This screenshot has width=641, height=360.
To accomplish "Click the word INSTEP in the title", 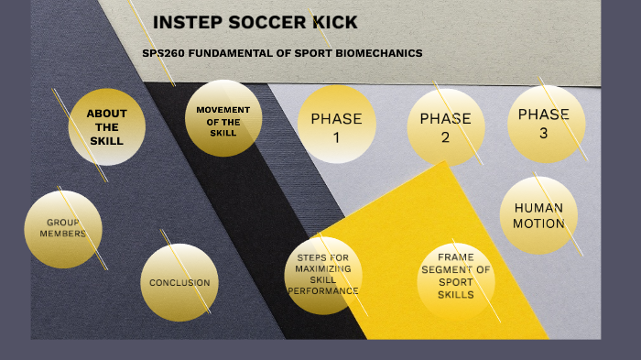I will tap(183, 23).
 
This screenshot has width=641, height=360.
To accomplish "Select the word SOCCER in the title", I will tap(259, 23).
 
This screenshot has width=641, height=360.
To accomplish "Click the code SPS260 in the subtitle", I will tap(161, 53).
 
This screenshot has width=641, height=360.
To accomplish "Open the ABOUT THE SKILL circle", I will tap(108, 126).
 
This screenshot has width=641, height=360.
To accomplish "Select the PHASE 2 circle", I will tap(445, 126).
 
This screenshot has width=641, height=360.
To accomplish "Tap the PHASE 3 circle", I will tap(545, 123).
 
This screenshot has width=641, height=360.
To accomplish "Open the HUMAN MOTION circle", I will tap(538, 214).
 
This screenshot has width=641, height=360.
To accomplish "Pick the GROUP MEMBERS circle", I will tap(63, 229).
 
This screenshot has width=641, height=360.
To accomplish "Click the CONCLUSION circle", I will tap(179, 283).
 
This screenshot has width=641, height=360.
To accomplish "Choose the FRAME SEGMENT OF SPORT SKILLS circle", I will tap(456, 277).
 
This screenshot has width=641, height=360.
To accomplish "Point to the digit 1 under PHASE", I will tap(336, 137).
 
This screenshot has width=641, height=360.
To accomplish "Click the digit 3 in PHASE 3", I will tap(544, 132).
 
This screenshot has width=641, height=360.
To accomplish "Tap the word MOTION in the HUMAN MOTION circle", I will tap(538, 224).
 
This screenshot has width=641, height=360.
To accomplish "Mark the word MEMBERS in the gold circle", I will tap(63, 234).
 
